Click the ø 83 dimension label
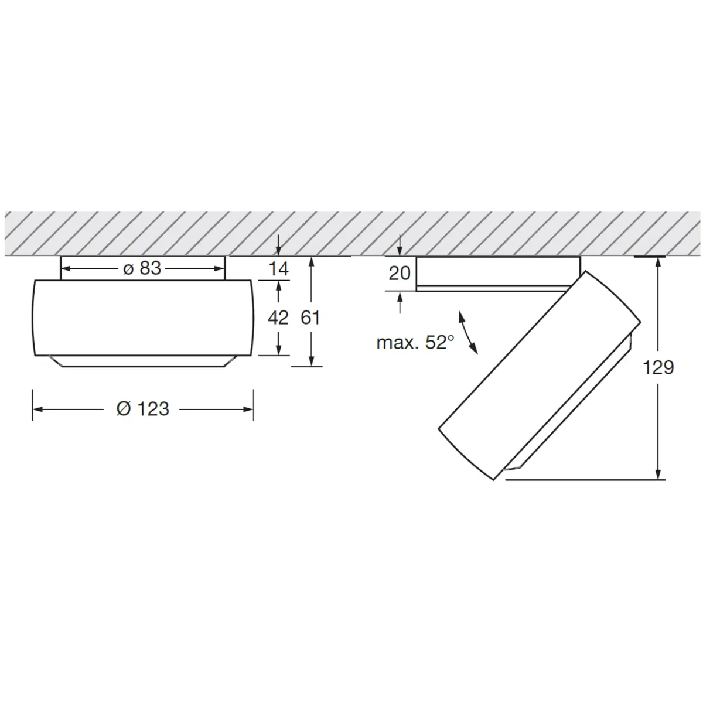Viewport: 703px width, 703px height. (x=142, y=269)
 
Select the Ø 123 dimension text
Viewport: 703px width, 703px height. (x=143, y=408)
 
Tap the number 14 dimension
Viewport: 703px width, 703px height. (x=279, y=269)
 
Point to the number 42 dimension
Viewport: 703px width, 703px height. (x=278, y=318)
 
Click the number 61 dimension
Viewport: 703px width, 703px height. (x=310, y=318)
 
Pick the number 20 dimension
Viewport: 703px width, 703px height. (x=400, y=273)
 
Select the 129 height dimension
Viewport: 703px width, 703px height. (x=658, y=368)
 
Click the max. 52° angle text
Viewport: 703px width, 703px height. (x=415, y=343)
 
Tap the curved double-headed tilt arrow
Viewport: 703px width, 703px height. (x=469, y=333)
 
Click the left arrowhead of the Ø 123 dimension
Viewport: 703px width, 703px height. (x=36, y=409)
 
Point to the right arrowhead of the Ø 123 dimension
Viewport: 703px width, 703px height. (x=250, y=409)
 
